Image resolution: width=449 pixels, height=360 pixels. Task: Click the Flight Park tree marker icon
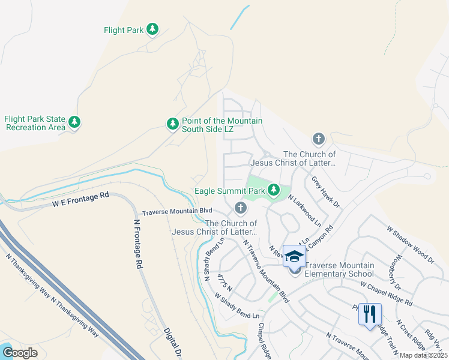152,29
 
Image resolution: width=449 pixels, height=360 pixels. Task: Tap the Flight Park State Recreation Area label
35,123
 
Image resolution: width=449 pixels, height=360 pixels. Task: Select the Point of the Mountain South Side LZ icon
172,124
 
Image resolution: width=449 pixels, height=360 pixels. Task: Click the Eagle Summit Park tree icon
274,190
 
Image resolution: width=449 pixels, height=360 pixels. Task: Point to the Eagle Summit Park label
231,191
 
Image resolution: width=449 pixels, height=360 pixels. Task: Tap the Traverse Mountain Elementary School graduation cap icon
294,256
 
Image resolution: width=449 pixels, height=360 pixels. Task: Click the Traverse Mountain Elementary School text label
340,270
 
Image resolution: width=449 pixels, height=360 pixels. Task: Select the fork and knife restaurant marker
370,313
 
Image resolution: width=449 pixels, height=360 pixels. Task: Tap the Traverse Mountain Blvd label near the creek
177,211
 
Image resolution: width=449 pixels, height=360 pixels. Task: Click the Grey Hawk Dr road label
325,191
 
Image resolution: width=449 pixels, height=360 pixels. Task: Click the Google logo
20,353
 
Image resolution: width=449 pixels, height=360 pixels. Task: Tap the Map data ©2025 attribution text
423,355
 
